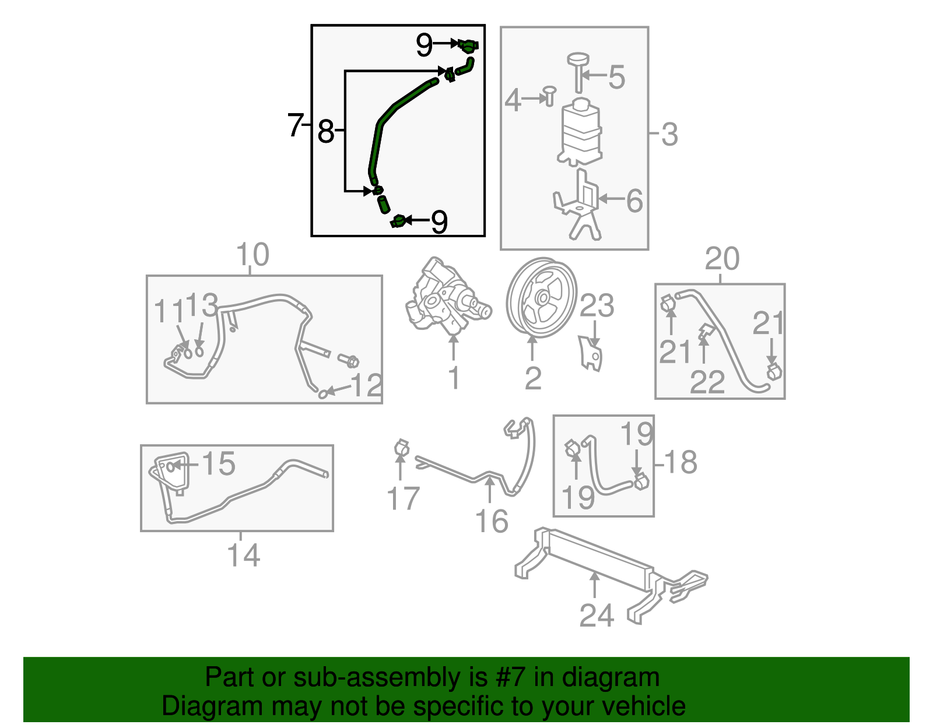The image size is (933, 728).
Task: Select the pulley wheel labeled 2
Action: pos(541,298)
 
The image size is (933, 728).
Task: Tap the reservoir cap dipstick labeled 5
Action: pos(578,70)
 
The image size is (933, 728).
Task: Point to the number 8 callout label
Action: pos(325,131)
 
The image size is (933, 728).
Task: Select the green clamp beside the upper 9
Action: pos(468,45)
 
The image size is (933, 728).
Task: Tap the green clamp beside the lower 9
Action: pos(399,221)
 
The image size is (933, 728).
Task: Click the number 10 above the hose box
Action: pos(252,255)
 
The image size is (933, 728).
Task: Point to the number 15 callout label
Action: pos(218,464)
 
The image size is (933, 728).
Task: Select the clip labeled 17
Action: pos(401,448)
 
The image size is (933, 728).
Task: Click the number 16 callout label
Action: pos(492,521)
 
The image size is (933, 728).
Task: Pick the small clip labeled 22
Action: pos(705,333)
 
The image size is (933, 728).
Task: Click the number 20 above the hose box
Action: pos(722,259)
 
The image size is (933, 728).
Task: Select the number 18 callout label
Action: pos(680,462)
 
